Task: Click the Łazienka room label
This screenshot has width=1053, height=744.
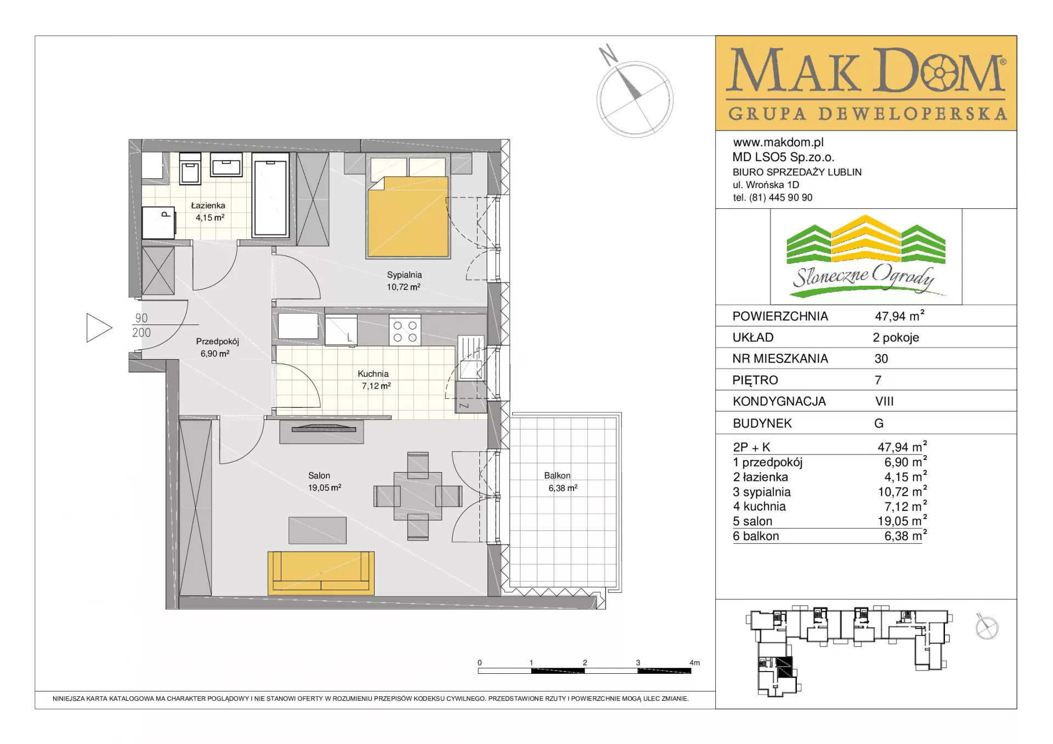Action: coord(208,206)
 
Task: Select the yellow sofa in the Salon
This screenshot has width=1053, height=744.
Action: coord(321,573)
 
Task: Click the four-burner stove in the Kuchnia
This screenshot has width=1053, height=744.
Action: coord(405,331)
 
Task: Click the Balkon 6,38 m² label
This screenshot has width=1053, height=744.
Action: coord(563,482)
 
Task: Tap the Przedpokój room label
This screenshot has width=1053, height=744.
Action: coord(217,342)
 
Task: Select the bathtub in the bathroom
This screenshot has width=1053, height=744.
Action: coord(270,195)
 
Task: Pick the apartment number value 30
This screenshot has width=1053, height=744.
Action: coord(881,359)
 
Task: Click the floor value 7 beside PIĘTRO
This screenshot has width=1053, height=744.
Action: coord(878,380)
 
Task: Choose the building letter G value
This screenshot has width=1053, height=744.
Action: coord(879,423)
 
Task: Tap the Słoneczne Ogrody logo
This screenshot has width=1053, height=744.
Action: coord(866,257)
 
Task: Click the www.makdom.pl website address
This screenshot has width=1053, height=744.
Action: coord(778,143)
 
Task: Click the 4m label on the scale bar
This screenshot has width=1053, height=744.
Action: coord(694,662)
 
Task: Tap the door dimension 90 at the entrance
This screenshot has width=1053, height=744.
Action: coord(141,318)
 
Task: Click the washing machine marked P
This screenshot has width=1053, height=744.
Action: coord(158,223)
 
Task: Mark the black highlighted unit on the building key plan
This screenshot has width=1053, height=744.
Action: coord(784,667)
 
